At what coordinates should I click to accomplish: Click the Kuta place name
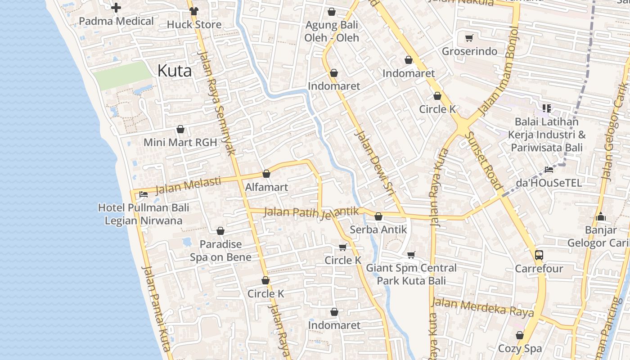tap(175, 71)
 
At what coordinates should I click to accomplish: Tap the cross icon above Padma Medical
tap(116, 8)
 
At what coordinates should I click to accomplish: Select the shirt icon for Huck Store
tap(194, 11)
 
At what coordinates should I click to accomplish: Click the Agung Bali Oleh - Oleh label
tap(332, 31)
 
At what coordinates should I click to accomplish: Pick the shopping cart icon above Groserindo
tap(469, 38)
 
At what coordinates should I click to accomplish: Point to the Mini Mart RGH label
tap(180, 143)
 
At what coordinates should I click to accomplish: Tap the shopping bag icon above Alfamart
tap(266, 174)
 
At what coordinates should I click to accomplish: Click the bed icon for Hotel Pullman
tap(144, 194)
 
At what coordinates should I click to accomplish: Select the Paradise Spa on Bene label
tap(220, 251)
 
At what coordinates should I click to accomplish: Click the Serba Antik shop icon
tap(378, 216)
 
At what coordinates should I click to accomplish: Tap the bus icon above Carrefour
tap(539, 255)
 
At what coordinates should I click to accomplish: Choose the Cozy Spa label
tap(520, 349)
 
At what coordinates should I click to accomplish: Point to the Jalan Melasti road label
tap(188, 185)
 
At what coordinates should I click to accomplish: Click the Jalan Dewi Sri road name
tap(374, 164)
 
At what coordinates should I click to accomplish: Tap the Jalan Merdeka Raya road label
tap(483, 307)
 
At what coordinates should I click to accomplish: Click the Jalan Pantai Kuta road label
tap(156, 308)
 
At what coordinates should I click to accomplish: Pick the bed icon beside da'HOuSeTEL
tap(549, 170)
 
